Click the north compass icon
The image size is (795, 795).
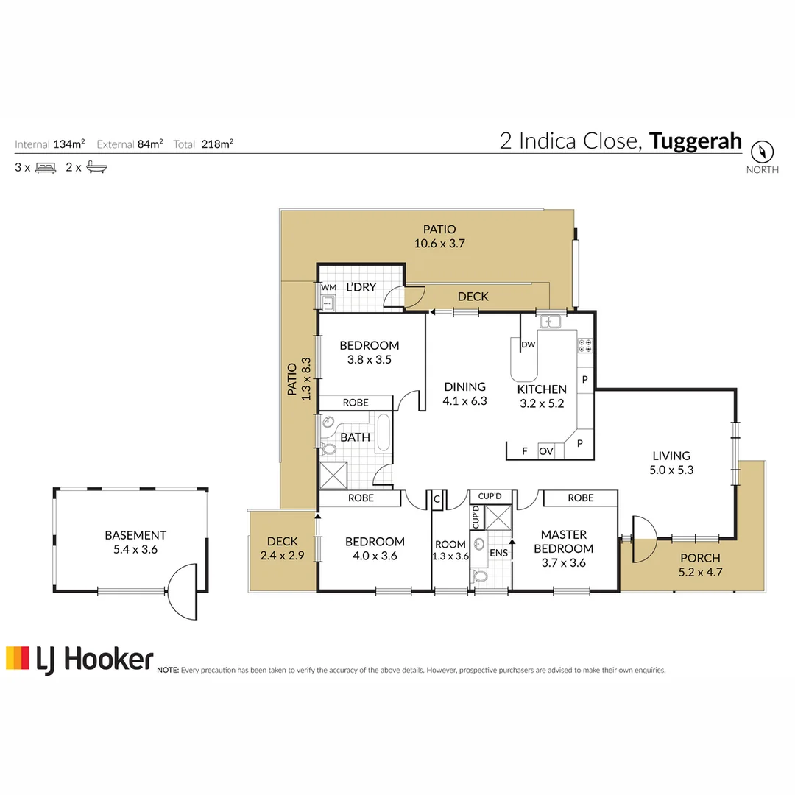763,152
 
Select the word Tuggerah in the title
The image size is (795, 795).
696,141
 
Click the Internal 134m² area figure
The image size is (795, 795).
49,144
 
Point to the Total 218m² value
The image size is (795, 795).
203,144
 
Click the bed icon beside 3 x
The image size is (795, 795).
46,167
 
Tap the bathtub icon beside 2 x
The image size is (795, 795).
96,167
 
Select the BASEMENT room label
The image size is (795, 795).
135,542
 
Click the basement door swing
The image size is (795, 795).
182,592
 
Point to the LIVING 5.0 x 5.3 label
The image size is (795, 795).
671,462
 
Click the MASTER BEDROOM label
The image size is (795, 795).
563,542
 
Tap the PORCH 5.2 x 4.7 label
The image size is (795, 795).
699,565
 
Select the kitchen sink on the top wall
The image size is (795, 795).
549,321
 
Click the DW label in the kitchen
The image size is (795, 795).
528,344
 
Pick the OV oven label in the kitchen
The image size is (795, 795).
546,451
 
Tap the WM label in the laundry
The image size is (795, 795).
328,287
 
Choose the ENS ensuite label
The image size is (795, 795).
498,552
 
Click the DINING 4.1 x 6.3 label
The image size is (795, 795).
464,394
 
